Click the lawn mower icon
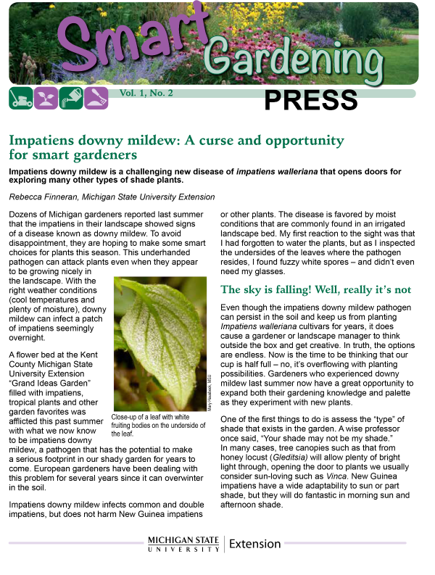(21, 98)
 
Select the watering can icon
(71, 98)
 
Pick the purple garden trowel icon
(96, 98)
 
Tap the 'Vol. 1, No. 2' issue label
(146, 94)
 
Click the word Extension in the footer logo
(257, 543)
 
